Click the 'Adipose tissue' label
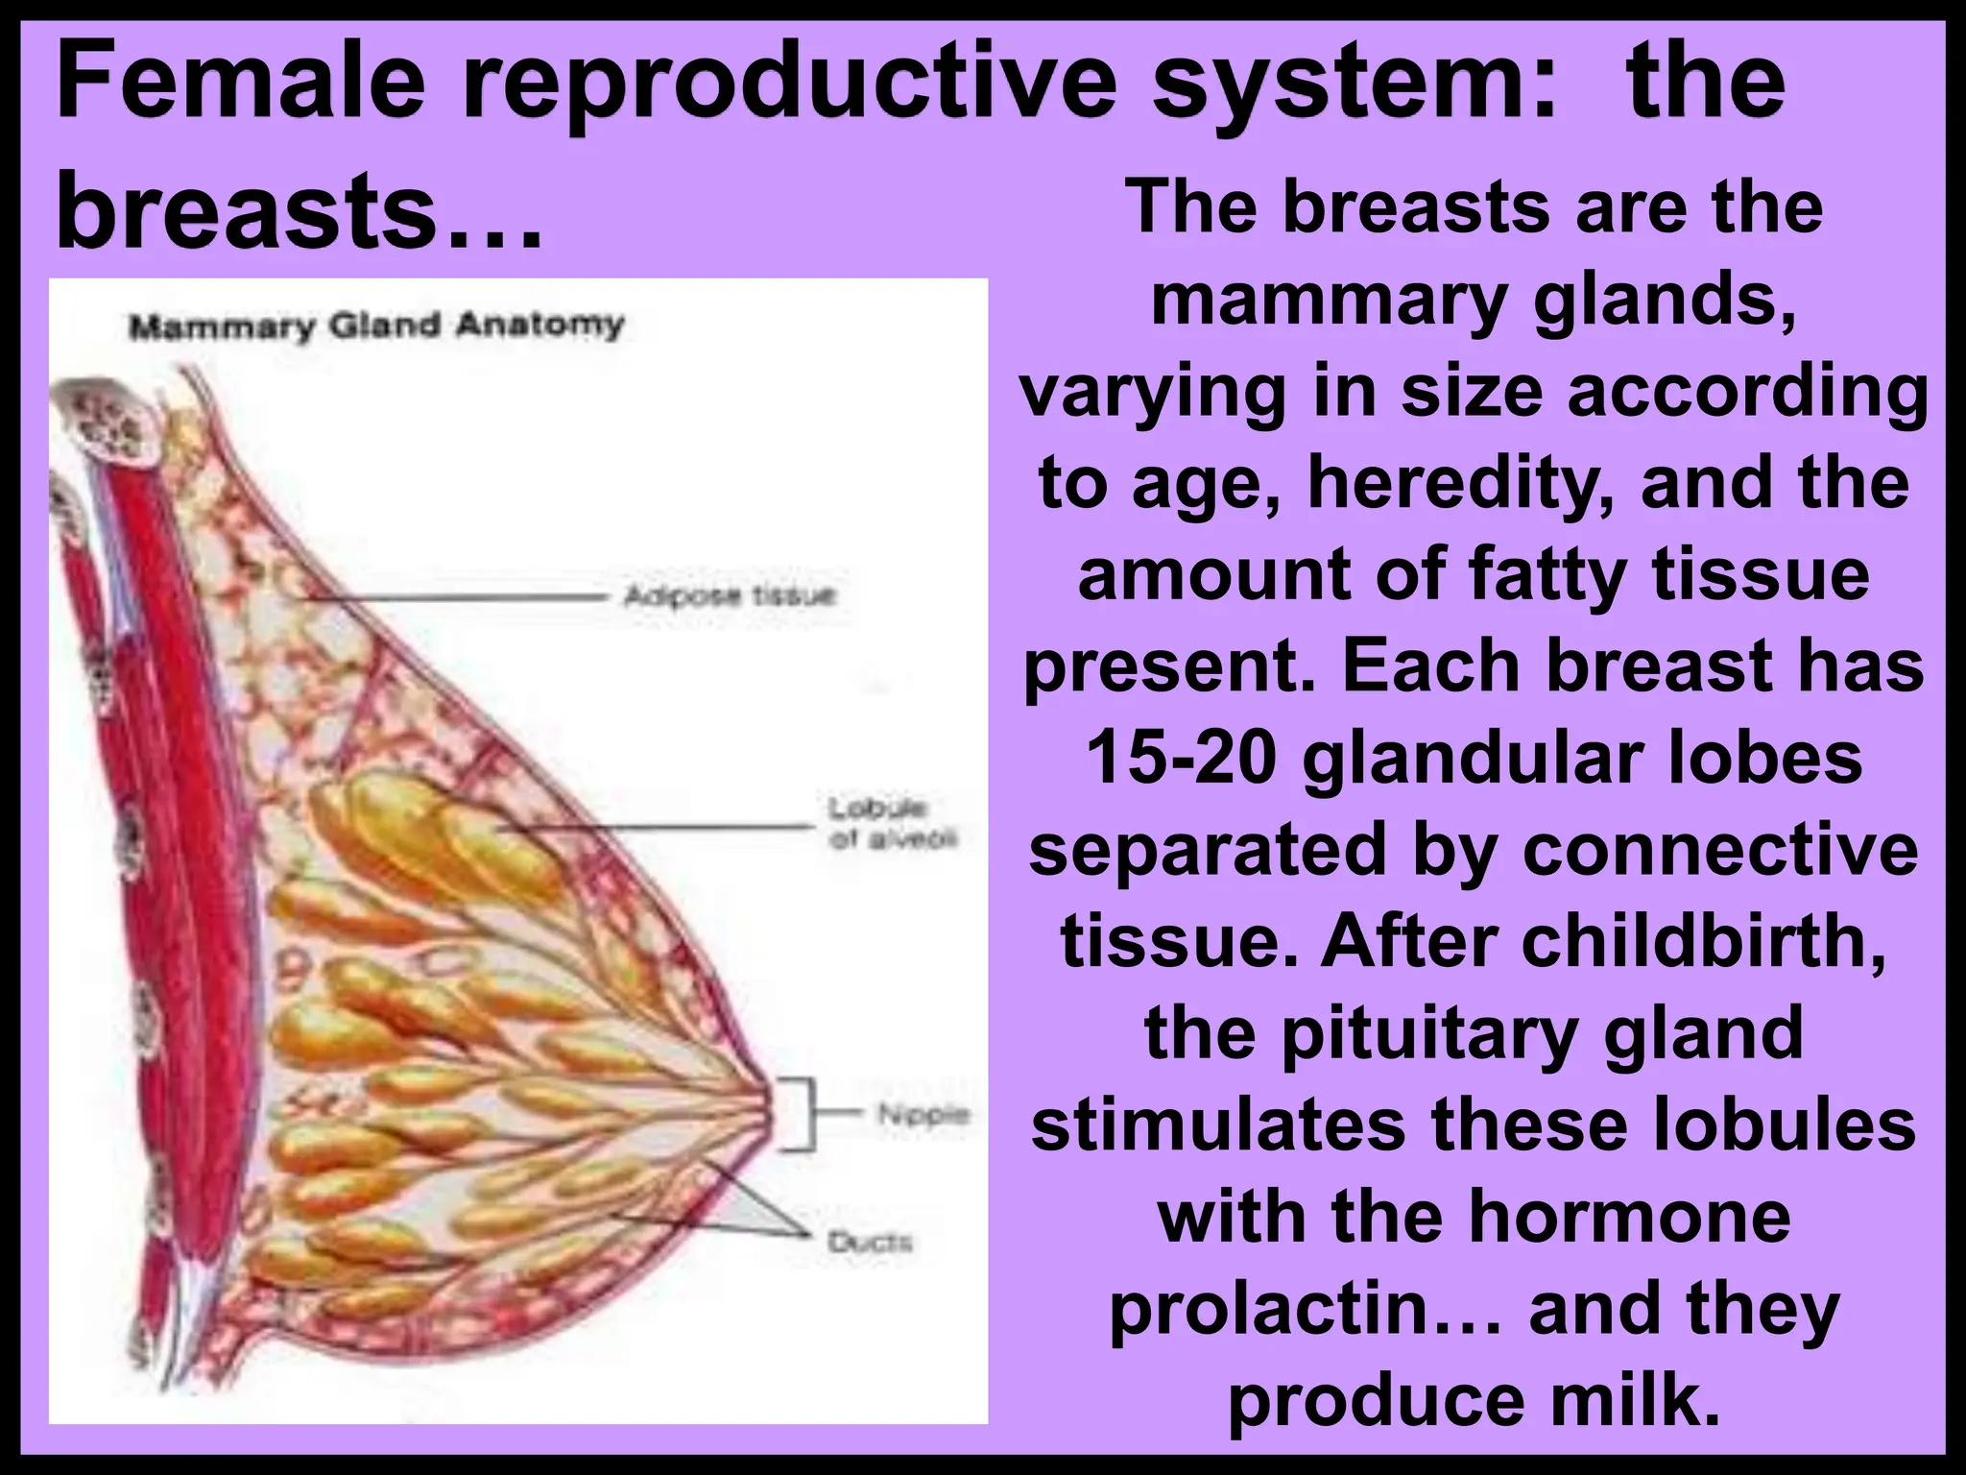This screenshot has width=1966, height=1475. pyautogui.click(x=730, y=596)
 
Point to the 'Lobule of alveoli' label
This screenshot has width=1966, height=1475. pyautogui.click(x=892, y=823)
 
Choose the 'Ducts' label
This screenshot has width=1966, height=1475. pyautogui.click(x=870, y=1243)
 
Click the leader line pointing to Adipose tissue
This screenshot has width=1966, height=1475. pyautogui.click(x=461, y=597)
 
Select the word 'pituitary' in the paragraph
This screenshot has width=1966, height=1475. pyautogui.click(x=1429, y=1034)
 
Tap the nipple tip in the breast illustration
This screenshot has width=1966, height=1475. pyautogui.click(x=768, y=1114)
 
